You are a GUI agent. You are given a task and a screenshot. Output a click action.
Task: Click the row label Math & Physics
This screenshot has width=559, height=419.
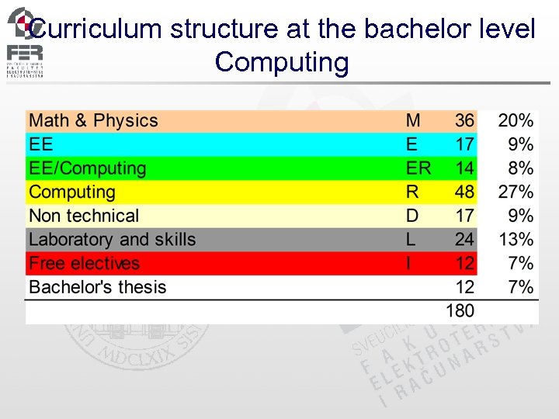[x=93, y=121]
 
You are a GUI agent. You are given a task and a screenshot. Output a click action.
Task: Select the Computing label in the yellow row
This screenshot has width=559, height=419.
[x=71, y=192]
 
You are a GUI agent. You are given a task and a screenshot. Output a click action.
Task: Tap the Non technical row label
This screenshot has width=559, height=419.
[x=84, y=216]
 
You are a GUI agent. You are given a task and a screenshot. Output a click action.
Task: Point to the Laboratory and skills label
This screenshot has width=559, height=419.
[x=112, y=240]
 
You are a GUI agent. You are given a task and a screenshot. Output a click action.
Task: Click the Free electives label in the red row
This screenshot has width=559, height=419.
[x=84, y=264]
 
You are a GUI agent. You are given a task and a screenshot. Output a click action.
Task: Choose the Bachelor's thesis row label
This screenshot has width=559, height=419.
[x=98, y=287]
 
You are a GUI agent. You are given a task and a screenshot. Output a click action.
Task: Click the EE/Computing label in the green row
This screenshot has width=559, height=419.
[x=87, y=168]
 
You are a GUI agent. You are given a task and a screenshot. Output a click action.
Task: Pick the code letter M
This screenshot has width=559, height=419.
[x=413, y=121]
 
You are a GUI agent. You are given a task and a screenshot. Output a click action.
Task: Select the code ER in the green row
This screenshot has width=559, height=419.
[x=418, y=168]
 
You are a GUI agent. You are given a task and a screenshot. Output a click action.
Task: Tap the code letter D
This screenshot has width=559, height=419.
[x=412, y=216]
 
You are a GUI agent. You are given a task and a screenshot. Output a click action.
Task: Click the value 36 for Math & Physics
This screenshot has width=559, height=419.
[x=464, y=121]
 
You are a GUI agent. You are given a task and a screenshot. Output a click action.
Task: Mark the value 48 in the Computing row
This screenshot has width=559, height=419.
[x=464, y=192]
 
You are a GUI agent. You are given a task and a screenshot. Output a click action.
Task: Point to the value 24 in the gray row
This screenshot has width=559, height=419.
[x=464, y=240]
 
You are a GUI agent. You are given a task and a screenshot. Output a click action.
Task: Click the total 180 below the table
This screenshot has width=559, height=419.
[x=460, y=311]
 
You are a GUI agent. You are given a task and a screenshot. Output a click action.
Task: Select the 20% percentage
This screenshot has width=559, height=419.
[x=516, y=121]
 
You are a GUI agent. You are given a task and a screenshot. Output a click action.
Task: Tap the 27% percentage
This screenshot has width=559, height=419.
[x=516, y=192]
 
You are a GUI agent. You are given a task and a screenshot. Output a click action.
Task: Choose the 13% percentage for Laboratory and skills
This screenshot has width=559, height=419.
[x=516, y=240]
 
